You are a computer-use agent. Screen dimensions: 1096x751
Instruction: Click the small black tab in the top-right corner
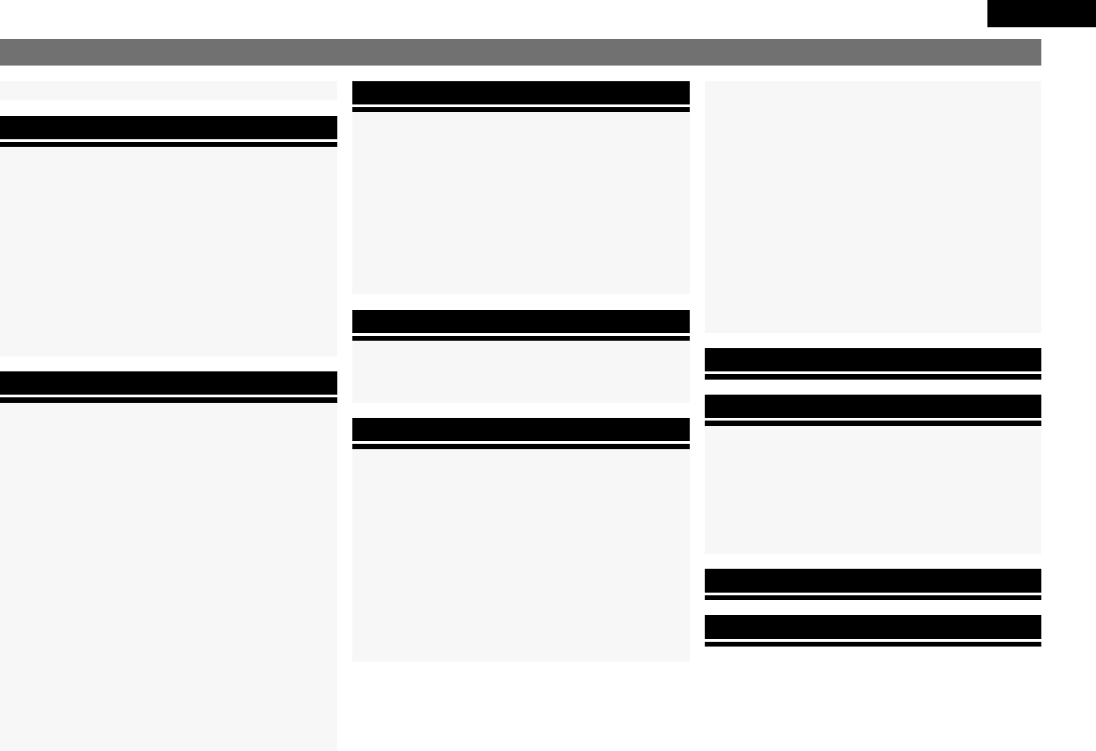click(1041, 14)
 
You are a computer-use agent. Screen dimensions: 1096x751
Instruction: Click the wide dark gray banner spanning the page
click(520, 52)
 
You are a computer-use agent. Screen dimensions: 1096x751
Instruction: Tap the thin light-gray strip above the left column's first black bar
click(168, 91)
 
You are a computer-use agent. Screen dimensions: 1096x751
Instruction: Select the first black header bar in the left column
click(168, 128)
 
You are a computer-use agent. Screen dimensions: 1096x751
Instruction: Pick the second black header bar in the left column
click(168, 383)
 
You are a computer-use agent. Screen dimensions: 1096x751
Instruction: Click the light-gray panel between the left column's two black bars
click(168, 251)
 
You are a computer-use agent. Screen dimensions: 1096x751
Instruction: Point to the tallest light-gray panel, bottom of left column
click(168, 577)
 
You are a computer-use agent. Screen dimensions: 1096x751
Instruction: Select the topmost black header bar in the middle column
click(520, 93)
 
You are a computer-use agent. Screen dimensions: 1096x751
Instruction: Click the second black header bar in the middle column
click(520, 322)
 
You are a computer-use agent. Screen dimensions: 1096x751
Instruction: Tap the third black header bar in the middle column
click(520, 429)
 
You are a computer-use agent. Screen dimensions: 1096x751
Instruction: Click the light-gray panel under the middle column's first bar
click(520, 203)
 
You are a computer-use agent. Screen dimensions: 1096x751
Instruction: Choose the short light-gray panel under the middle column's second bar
click(520, 372)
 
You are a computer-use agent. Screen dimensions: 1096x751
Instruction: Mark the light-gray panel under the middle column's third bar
click(520, 555)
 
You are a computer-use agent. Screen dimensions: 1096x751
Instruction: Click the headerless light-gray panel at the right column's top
click(873, 207)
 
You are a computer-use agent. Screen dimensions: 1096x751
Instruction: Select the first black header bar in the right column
click(873, 360)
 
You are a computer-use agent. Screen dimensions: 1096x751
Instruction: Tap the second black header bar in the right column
click(873, 406)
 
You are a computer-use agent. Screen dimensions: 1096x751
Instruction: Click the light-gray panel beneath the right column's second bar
click(873, 490)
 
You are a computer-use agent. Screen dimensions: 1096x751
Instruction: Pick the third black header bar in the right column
click(873, 580)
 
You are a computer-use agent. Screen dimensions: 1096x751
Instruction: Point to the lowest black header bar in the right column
click(873, 627)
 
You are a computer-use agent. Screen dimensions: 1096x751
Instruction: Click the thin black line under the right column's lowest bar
click(873, 644)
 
